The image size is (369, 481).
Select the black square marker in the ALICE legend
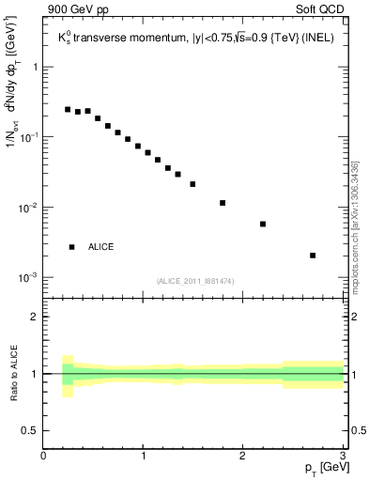pos(72,247)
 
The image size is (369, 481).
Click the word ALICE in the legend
pos(101,247)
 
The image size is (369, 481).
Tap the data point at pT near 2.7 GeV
pos(313,256)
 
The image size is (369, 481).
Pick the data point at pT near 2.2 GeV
pos(263,224)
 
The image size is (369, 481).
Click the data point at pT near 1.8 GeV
pos(223,203)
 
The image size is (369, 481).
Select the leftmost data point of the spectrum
pos(68,109)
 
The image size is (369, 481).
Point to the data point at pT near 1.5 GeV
pos(192,184)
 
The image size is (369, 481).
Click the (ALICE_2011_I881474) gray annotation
pos(194,281)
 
